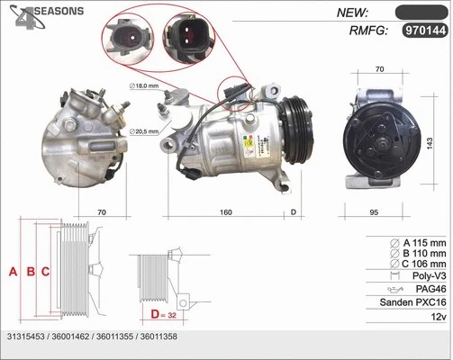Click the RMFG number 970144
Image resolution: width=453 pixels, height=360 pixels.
[423, 31]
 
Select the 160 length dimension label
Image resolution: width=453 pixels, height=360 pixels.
[225, 212]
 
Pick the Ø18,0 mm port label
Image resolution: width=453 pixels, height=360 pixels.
[144, 85]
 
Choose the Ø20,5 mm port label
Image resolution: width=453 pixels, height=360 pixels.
[145, 131]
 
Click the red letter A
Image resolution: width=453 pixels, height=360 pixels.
[13, 271]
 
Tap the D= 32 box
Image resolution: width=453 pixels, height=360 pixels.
[163, 315]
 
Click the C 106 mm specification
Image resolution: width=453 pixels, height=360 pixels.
[418, 264]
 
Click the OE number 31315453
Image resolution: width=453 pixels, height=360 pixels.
[28, 337]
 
